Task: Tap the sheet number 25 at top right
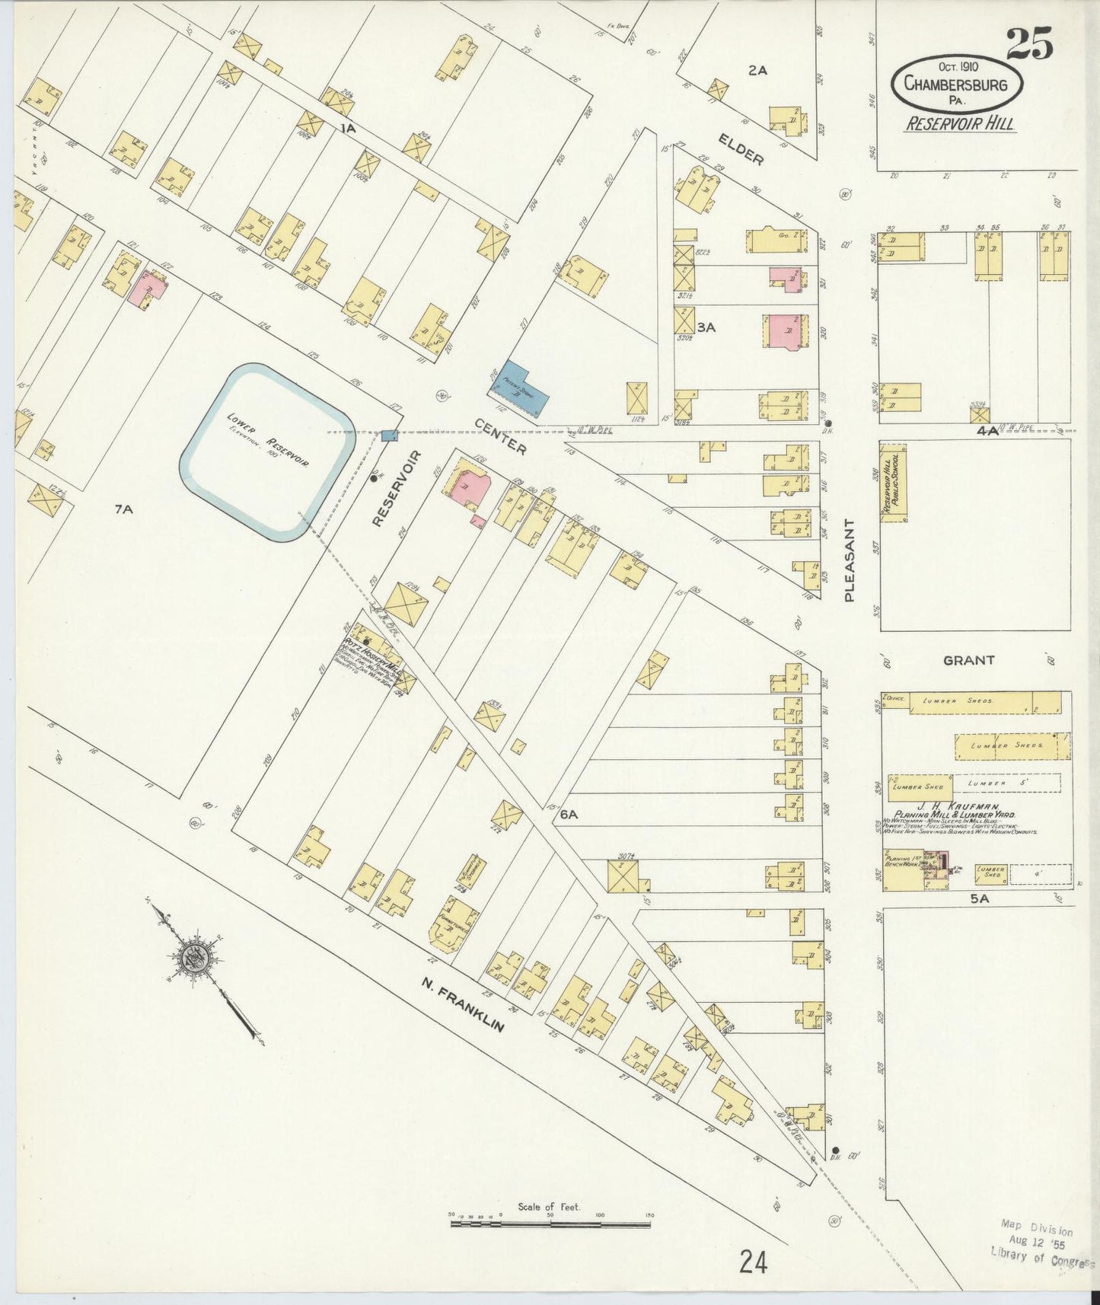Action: pyautogui.click(x=1030, y=43)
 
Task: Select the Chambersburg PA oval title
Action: pyautogui.click(x=957, y=85)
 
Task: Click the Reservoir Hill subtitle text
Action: pyautogui.click(x=959, y=123)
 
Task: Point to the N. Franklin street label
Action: pyautogui.click(x=463, y=1005)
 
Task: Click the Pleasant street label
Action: pyautogui.click(x=850, y=560)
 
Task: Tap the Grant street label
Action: pyautogui.click(x=968, y=660)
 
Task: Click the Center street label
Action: pyautogui.click(x=499, y=436)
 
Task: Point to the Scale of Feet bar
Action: pyautogui.click(x=549, y=1224)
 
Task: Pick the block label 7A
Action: pyautogui.click(x=123, y=509)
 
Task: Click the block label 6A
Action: pyautogui.click(x=569, y=814)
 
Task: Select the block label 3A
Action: pyautogui.click(x=706, y=327)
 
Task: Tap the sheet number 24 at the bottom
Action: pyautogui.click(x=752, y=1262)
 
